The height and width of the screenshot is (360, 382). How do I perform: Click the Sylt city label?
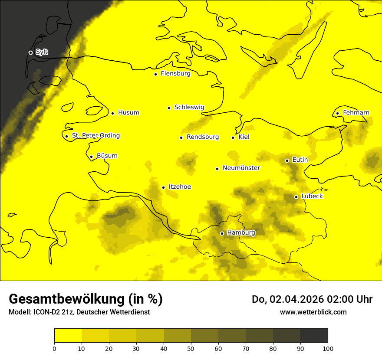[42, 52]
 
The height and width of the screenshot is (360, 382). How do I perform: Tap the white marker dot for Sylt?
[30, 52]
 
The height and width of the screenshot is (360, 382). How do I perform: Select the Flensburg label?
[175, 74]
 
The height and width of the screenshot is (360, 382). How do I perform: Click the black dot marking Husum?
[112, 113]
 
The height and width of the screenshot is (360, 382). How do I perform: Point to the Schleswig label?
[189, 107]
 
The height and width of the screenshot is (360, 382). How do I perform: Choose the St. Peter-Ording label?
[95, 136]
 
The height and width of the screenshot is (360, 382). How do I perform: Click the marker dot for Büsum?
[91, 157]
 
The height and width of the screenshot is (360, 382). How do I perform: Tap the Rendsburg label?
[202, 137]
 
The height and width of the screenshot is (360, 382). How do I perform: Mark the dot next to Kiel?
[233, 137]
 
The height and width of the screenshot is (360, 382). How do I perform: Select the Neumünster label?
[241, 168]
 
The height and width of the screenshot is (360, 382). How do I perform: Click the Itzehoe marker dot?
[163, 187]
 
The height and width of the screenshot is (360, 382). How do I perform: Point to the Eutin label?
[300, 160]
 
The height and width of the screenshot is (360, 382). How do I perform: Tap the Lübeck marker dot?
[296, 197]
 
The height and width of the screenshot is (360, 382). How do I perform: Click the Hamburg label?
[241, 233]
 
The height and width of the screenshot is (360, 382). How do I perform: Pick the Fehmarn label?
[356, 113]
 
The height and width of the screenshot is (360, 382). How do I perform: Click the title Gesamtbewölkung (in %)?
[86, 299]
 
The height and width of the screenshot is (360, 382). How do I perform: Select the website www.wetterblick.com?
[313, 312]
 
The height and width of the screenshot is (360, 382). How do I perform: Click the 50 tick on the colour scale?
[191, 348]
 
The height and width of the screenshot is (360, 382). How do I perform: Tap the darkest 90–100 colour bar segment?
[314, 335]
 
